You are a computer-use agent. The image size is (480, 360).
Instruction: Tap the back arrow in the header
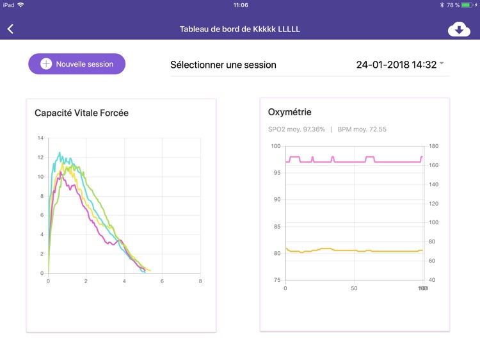10,29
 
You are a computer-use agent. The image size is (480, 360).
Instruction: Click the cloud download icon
459,29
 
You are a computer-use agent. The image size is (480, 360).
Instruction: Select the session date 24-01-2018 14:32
396,65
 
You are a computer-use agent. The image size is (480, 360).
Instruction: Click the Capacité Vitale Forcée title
81,113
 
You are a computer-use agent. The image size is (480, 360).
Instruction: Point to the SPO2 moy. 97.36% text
296,129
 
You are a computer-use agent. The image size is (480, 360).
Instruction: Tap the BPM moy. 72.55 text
362,129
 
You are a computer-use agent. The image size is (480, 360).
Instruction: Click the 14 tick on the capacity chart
40,138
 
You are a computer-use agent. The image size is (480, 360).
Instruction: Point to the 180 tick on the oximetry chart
433,147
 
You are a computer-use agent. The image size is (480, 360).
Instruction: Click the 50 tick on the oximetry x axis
354,289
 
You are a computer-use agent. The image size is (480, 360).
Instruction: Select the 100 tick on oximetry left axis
276,146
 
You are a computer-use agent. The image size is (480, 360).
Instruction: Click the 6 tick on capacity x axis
163,281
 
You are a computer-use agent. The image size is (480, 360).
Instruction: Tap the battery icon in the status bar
467,5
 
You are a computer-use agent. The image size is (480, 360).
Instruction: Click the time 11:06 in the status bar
241,5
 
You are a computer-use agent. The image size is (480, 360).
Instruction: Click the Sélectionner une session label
223,65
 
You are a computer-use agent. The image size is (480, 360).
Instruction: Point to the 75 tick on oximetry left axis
276,280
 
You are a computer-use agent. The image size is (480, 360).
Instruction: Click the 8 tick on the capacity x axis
200,281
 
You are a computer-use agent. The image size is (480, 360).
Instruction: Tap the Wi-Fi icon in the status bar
20,5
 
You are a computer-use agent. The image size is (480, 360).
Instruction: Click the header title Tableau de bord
240,29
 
